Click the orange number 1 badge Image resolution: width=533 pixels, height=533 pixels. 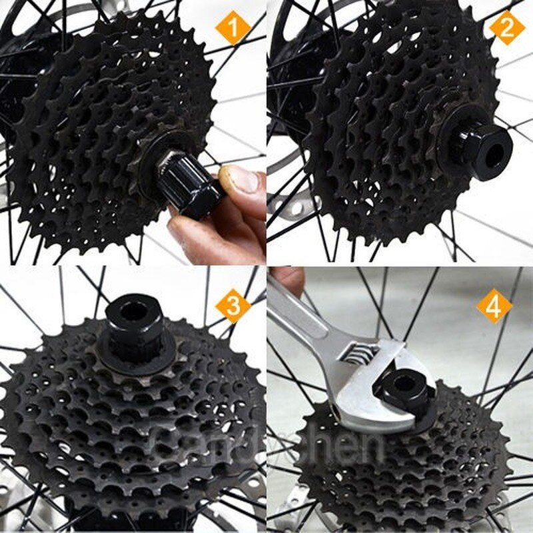(233, 30)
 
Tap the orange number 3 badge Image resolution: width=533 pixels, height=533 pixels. (233, 306)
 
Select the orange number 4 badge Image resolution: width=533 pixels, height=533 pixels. (494, 306)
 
